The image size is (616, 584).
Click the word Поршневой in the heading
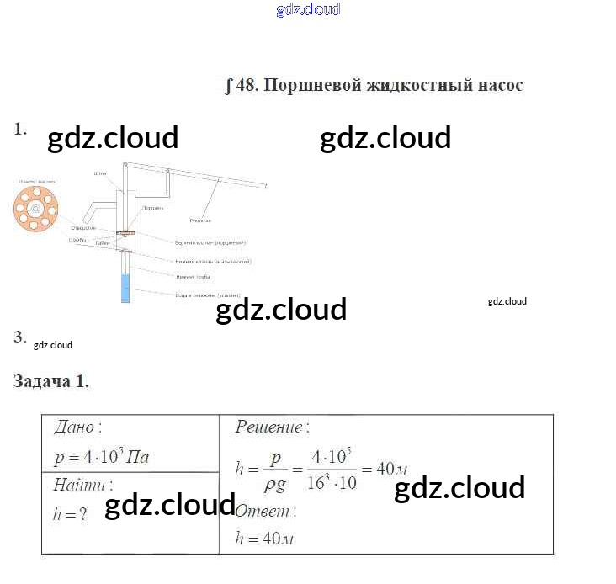pyautogui.click(x=302, y=86)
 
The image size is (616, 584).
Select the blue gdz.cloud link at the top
pyautogui.click(x=308, y=10)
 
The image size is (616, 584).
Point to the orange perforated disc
pyautogui.click(x=35, y=208)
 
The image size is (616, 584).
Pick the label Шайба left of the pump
pyautogui.click(x=77, y=242)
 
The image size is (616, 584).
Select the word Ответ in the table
pyautogui.click(x=262, y=510)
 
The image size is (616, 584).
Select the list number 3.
pyautogui.click(x=20, y=337)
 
